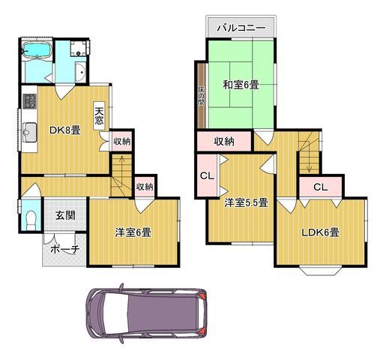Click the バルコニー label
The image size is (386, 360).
pyautogui.click(x=241, y=27)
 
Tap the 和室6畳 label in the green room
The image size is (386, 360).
pyautogui.click(x=240, y=85)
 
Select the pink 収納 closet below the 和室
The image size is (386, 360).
pyautogui.click(x=223, y=141)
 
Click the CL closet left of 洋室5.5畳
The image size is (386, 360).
pyautogui.click(x=206, y=177)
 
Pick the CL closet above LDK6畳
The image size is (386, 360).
pyautogui.click(x=319, y=187)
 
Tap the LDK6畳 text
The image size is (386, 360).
pyautogui.click(x=321, y=232)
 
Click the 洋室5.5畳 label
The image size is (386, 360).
pyautogui.click(x=244, y=202)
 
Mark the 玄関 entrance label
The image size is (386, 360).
pyautogui.click(x=64, y=215)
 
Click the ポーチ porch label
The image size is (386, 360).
pyautogui.click(x=64, y=250)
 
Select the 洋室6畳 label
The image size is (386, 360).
pyautogui.click(x=133, y=232)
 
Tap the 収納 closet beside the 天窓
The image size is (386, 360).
pyautogui.click(x=121, y=140)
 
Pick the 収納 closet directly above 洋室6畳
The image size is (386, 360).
pyautogui.click(x=145, y=187)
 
